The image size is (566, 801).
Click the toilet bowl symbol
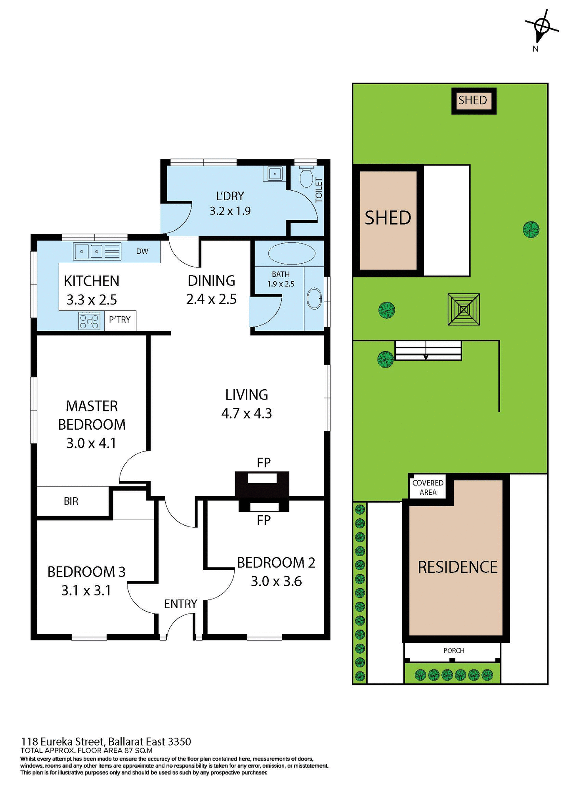tap(306, 178)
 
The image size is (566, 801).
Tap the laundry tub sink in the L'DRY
tap(275, 173)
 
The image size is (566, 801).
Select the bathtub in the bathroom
tap(292, 253)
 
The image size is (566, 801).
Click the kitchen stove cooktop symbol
tap(89, 321)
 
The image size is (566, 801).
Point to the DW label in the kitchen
tap(142, 251)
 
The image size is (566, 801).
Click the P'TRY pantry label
tap(120, 320)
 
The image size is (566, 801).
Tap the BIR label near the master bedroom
tap(71, 501)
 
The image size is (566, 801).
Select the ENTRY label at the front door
tap(180, 604)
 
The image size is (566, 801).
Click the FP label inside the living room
tap(263, 462)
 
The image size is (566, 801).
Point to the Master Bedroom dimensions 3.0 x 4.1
tap(91, 443)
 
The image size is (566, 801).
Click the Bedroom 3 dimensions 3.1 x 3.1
tap(86, 590)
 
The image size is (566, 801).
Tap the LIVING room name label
tap(246, 395)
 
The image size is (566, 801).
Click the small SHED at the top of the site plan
tap(473, 101)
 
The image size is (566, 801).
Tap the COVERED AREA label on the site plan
tap(428, 487)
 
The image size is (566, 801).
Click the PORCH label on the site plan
tap(453, 650)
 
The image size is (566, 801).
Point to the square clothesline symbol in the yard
tap(463, 309)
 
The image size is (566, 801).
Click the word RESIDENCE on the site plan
tap(457, 567)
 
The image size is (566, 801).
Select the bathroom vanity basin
tap(314, 299)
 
